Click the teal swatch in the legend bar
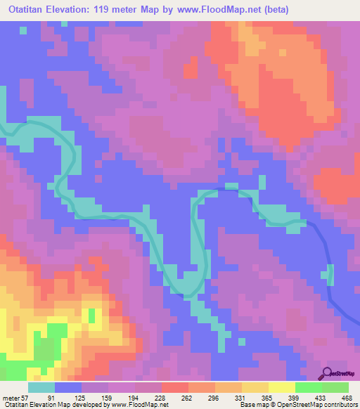[41, 388]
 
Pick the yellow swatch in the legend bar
[282, 388]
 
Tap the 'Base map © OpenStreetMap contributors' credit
[298, 404]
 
